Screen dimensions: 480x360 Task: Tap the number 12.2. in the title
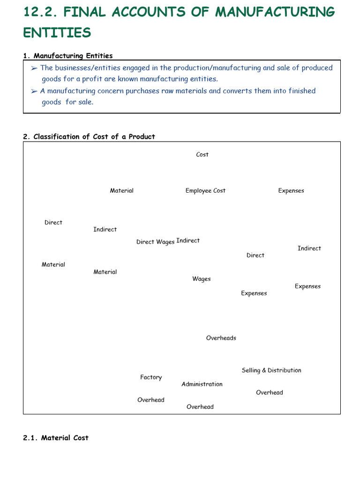pyautogui.click(x=40, y=12)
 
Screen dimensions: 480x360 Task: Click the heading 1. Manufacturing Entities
pyautogui.click(x=68, y=56)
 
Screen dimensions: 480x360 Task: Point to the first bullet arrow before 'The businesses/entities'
pyautogui.click(x=34, y=68)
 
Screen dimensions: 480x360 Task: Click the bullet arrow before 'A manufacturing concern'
pyautogui.click(x=34, y=91)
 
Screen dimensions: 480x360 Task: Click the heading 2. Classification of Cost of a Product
pyautogui.click(x=89, y=137)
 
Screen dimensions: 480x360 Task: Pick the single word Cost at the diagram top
pyautogui.click(x=202, y=155)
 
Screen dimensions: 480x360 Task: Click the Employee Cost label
pyautogui.click(x=205, y=191)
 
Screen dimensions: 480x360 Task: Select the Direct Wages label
pyautogui.click(x=155, y=242)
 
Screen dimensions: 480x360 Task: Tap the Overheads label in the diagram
pyautogui.click(x=221, y=338)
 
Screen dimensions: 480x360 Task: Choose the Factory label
pyautogui.click(x=151, y=377)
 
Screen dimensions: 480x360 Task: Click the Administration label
pyautogui.click(x=202, y=384)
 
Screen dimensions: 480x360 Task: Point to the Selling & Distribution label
pyautogui.click(x=271, y=370)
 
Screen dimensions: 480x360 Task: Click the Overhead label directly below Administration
pyautogui.click(x=200, y=407)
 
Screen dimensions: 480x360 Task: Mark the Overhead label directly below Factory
pyautogui.click(x=151, y=400)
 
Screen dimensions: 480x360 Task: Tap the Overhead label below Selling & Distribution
pyautogui.click(x=270, y=393)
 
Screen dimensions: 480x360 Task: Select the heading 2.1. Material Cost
pyautogui.click(x=56, y=438)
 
